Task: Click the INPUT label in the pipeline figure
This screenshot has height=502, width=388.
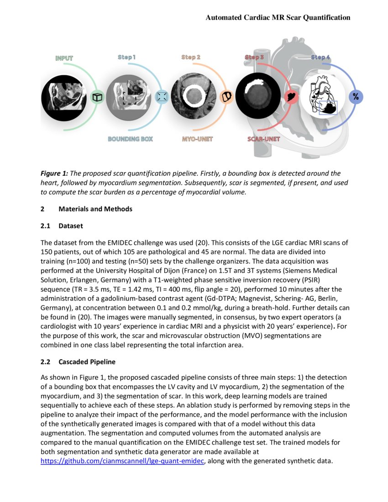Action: coord(64,58)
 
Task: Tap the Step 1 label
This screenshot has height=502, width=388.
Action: coord(126,57)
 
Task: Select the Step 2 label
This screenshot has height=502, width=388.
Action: coord(191,57)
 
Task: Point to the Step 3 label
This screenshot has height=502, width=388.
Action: coord(254,57)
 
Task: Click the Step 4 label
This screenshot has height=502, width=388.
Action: coord(320,57)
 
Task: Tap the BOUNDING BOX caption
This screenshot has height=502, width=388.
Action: coord(130,139)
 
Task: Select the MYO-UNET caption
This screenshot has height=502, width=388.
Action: coord(197,139)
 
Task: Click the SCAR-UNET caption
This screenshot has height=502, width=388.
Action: coord(263,139)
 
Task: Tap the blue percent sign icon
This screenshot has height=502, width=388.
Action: coord(356,97)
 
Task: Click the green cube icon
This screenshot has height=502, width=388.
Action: coord(97,97)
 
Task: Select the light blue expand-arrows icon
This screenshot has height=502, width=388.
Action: coord(162,97)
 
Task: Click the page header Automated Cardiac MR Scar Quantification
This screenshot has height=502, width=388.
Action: coord(278,17)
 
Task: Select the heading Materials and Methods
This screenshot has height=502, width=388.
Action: coord(95,209)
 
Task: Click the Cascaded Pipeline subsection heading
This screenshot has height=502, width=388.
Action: coord(87,362)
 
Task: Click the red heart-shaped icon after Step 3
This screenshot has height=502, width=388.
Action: coord(291,97)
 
